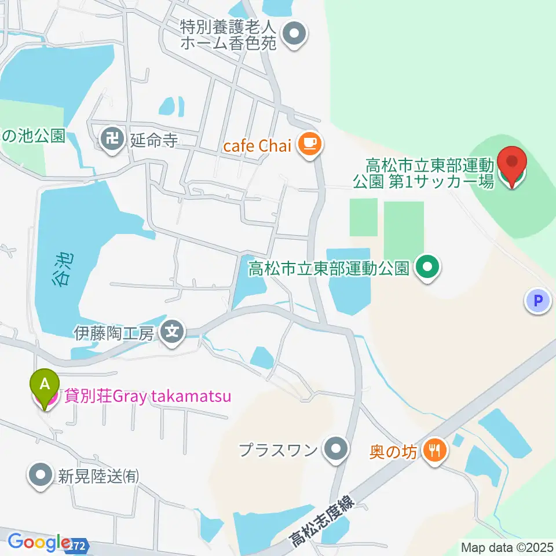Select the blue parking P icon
[538, 301]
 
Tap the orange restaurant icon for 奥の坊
[434, 451]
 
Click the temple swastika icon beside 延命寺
[110, 138]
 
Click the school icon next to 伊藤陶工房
[173, 332]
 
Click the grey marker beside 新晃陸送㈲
[41, 475]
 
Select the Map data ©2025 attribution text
[507, 546]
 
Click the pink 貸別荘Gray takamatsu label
[148, 397]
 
